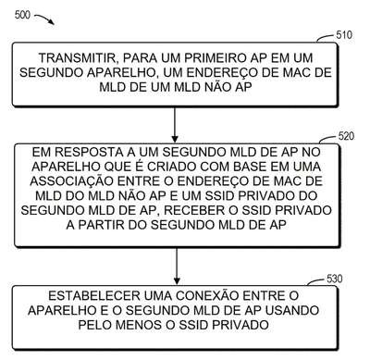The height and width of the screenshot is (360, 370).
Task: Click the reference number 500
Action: [22, 15]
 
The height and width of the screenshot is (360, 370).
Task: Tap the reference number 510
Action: [344, 35]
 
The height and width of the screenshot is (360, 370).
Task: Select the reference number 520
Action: [346, 136]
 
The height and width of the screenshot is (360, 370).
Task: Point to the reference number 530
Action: [335, 279]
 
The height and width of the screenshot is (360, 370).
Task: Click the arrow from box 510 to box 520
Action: [175, 125]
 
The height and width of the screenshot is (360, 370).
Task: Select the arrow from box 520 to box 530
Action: [177, 267]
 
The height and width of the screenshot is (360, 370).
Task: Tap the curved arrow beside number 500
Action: [44, 19]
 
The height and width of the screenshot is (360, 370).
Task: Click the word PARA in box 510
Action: [140, 58]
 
